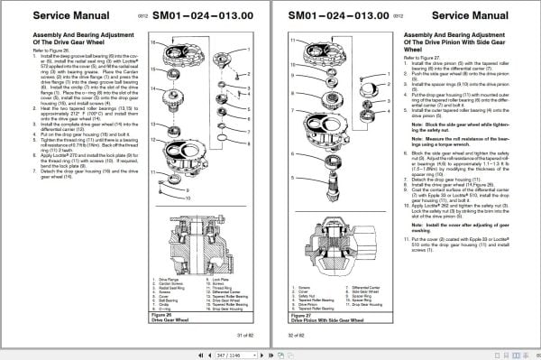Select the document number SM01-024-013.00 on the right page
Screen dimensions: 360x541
tap(341, 15)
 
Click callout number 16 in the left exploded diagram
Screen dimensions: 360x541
tap(158, 43)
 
